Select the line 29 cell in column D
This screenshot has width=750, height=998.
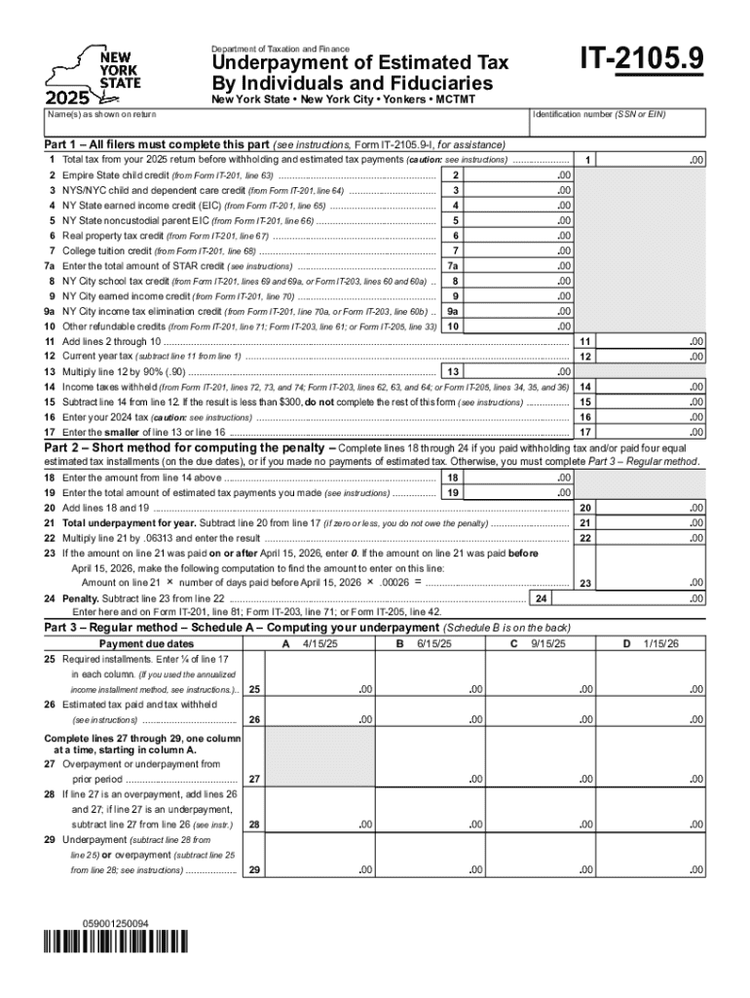657,869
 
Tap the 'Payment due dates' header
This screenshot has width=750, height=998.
145,644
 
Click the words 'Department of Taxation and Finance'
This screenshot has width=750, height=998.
281,49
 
